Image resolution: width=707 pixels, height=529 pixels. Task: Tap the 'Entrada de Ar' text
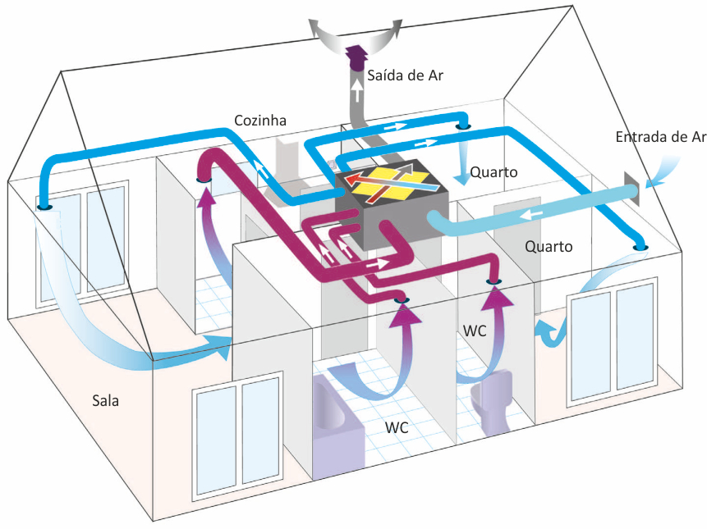point(661,137)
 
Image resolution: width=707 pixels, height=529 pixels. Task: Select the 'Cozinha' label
point(259,121)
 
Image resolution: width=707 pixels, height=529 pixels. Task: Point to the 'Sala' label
point(107,400)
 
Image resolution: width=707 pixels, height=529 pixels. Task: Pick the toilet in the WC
point(494,402)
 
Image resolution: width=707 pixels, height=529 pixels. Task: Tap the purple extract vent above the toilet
point(494,282)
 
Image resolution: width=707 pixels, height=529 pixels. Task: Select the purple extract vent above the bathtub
point(402,302)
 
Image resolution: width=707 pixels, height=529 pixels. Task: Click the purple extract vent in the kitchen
point(203,180)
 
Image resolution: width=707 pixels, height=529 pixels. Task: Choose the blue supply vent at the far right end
point(640,246)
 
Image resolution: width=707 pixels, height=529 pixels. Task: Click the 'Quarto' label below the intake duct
point(549,246)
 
